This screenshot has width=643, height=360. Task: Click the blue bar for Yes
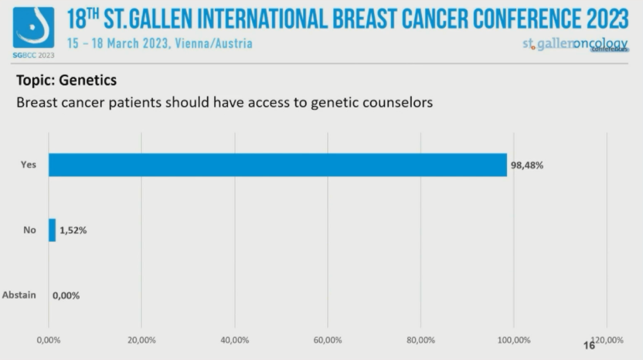pos(277,165)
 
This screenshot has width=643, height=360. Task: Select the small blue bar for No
pos(52,230)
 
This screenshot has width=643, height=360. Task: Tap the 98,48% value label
pos(526,165)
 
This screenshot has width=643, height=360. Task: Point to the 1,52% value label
pos(73,230)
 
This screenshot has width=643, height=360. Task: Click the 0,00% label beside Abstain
pos(66,295)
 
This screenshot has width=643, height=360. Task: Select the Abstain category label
pos(19,295)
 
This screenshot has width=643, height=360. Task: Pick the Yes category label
pos(28,165)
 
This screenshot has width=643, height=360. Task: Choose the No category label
pos(30,230)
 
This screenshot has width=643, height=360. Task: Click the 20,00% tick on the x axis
pos(141,340)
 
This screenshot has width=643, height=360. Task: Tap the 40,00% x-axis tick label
pos(235,340)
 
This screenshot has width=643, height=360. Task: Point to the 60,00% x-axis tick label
pos(327,340)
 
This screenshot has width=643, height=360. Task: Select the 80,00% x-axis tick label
pos(420,340)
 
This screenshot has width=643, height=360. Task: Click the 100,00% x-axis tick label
pos(513,340)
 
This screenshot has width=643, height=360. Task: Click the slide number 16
pos(589,345)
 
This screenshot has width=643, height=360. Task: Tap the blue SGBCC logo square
pos(33,28)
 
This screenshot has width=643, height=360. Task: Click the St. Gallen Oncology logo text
pos(575,45)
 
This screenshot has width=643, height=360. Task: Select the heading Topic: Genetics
pos(66,80)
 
